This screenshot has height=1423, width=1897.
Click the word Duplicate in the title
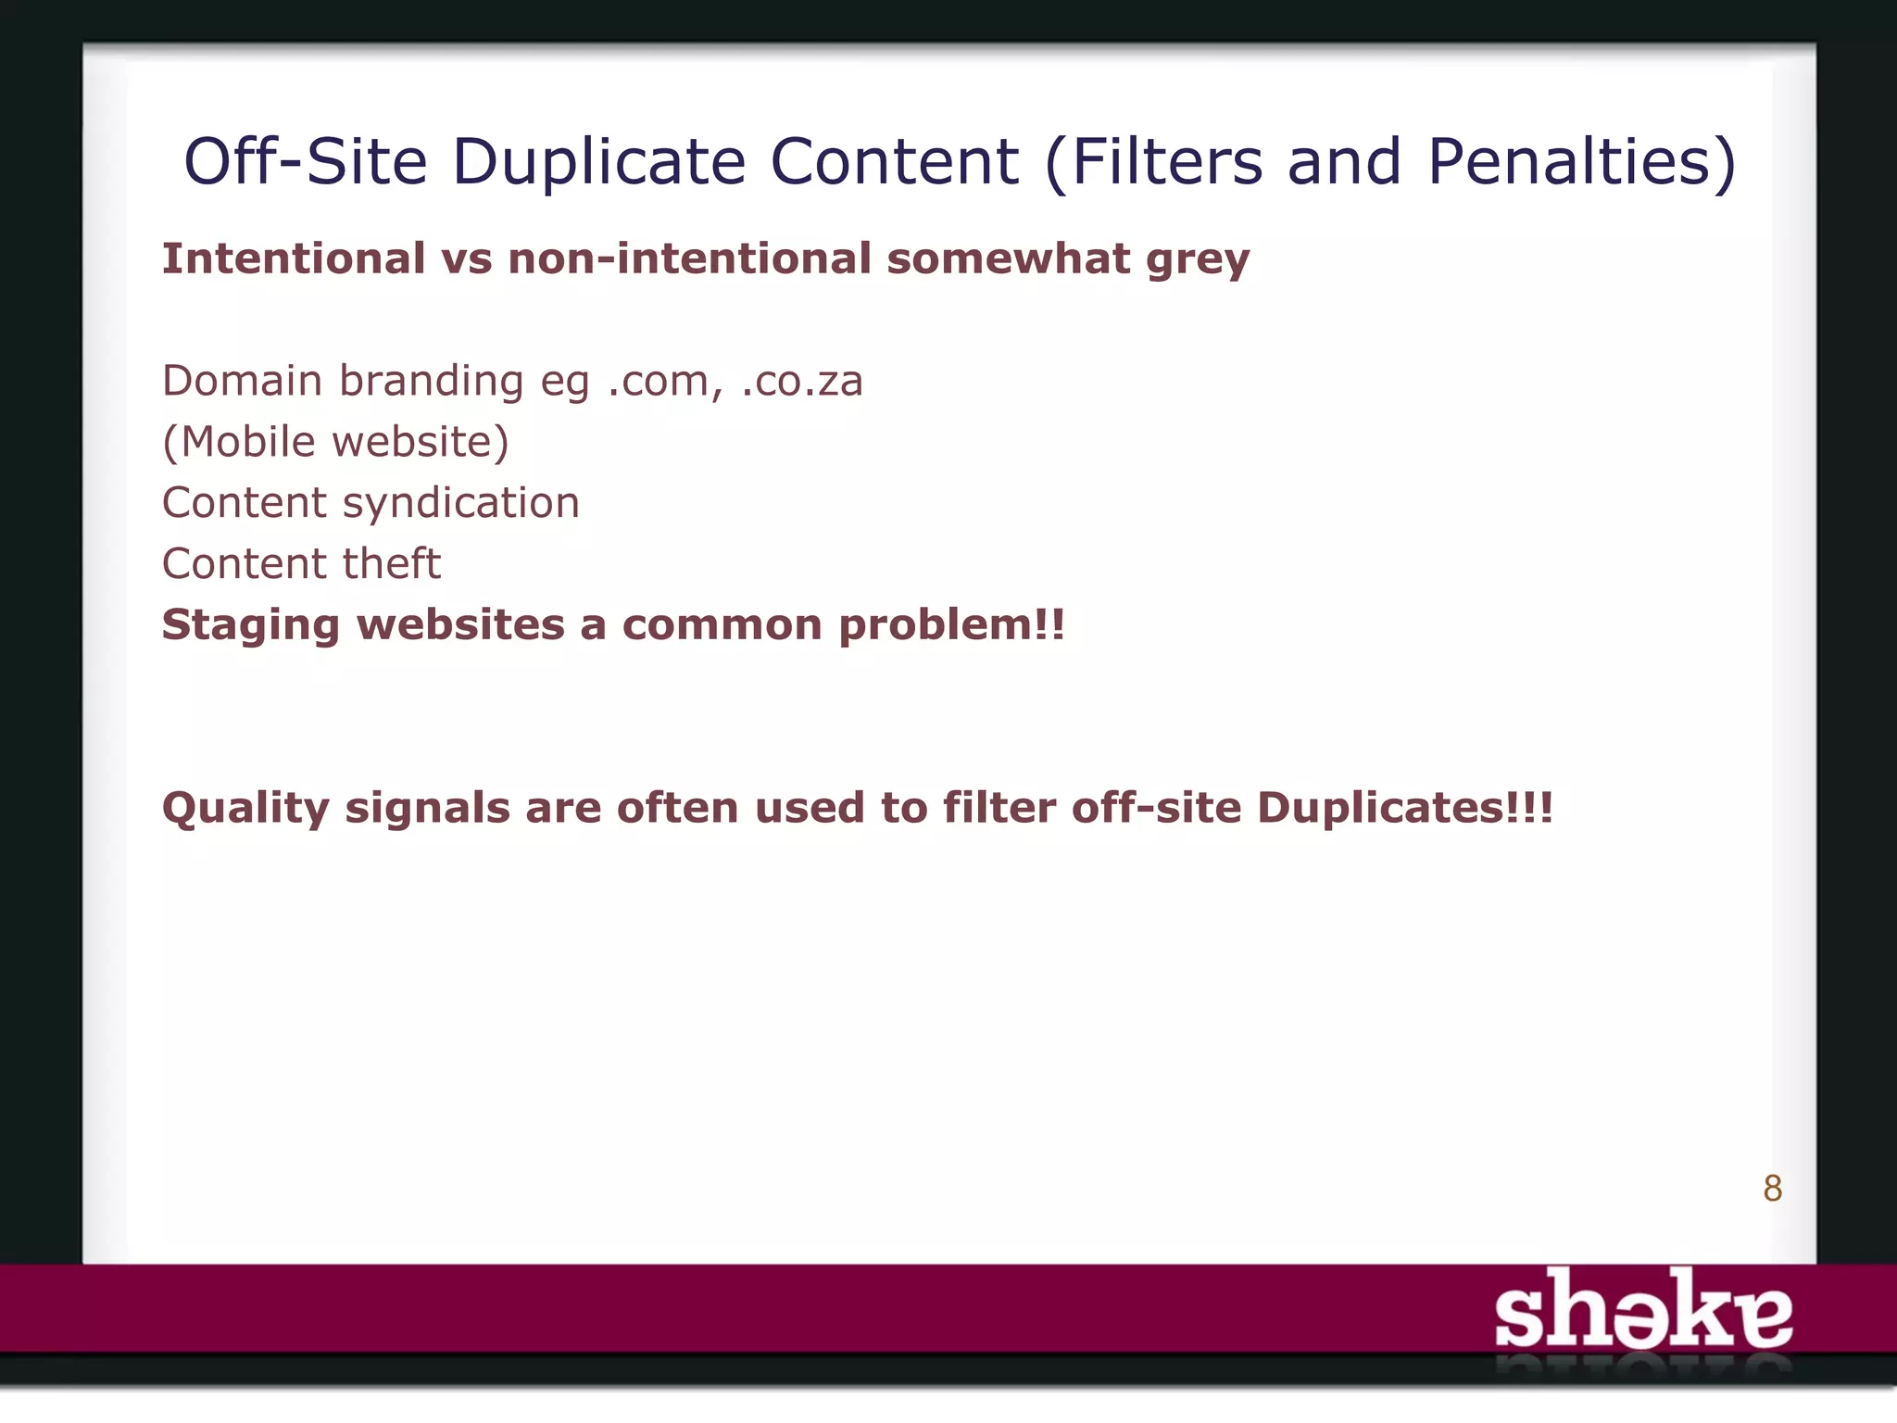tap(598, 162)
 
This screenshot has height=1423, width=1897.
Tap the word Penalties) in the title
tap(1581, 162)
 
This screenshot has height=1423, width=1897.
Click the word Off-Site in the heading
tap(306, 162)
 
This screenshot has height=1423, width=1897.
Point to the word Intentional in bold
tap(294, 258)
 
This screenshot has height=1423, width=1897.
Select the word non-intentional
tap(689, 258)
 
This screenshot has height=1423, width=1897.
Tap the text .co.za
tap(802, 382)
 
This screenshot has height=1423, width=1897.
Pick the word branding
tap(431, 382)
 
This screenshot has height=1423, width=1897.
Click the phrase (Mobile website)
tap(335, 443)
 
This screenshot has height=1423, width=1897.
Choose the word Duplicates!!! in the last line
tap(1404, 808)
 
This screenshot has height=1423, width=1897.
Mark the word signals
tap(427, 809)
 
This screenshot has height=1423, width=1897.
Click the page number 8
tap(1772, 1189)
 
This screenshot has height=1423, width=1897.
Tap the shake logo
tap(1643, 1310)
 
